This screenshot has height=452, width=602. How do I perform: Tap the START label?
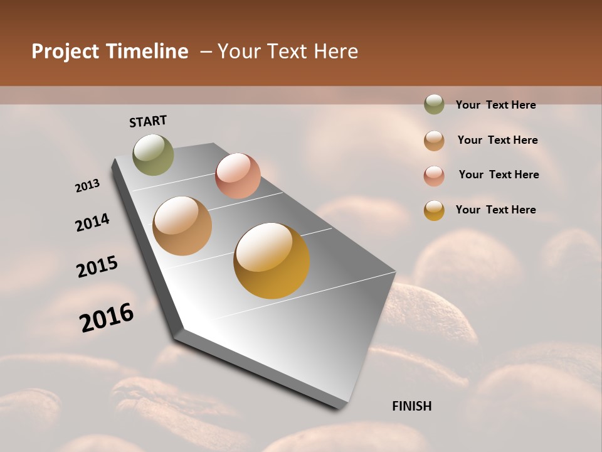pyautogui.click(x=148, y=121)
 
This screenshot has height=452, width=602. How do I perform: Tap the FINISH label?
pyautogui.click(x=411, y=406)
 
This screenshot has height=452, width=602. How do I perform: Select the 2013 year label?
pyautogui.click(x=87, y=186)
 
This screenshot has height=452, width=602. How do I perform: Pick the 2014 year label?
pyautogui.click(x=92, y=222)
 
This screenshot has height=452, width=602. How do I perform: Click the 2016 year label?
pyautogui.click(x=107, y=318)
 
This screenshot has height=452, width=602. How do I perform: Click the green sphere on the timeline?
pyautogui.click(x=153, y=154)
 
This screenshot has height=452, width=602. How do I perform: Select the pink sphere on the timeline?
pyautogui.click(x=238, y=175)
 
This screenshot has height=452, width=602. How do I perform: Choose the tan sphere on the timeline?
pyautogui.click(x=182, y=226)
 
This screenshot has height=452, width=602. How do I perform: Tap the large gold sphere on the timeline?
pyautogui.click(x=272, y=261)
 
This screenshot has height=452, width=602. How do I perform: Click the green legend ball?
pyautogui.click(x=434, y=104)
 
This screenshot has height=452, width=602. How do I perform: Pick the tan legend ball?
pyautogui.click(x=434, y=140)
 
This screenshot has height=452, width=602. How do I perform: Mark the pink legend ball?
pyautogui.click(x=434, y=175)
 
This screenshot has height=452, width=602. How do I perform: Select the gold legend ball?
pyautogui.click(x=434, y=210)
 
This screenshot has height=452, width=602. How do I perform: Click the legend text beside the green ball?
pyautogui.click(x=495, y=105)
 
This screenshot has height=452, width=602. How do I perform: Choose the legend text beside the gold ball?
pyautogui.click(x=495, y=210)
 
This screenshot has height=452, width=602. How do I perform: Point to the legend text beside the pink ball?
pyautogui.click(x=499, y=175)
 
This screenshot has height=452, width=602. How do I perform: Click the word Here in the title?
pyautogui.click(x=335, y=51)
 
